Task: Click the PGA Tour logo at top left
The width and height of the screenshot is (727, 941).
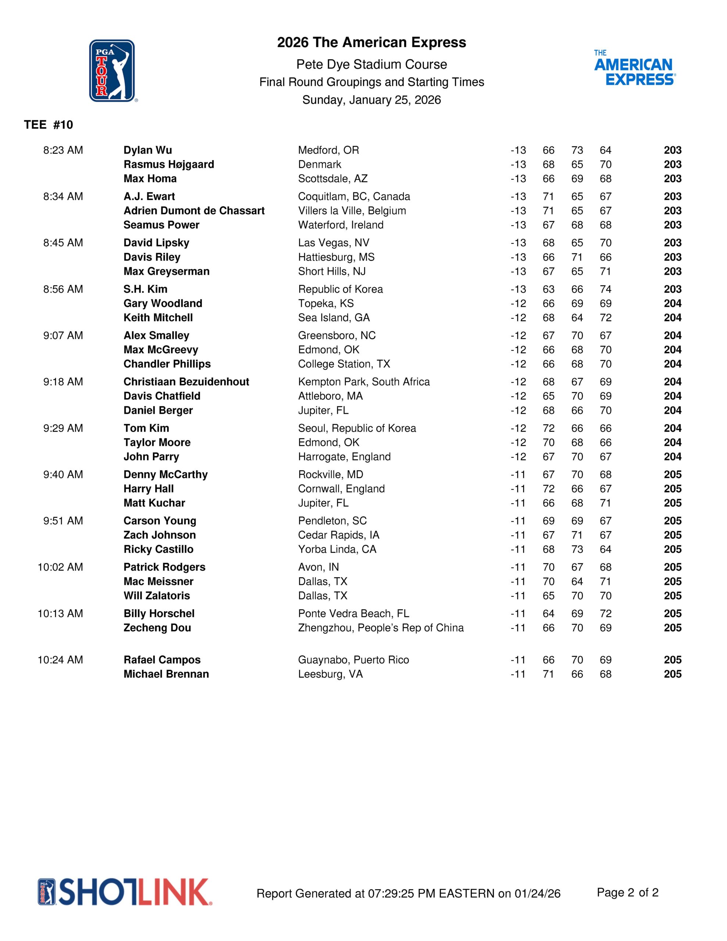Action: (x=112, y=71)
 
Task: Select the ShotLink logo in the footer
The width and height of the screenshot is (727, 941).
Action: (x=125, y=892)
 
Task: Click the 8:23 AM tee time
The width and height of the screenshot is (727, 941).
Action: (x=63, y=150)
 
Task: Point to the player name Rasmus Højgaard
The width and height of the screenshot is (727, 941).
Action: (x=168, y=165)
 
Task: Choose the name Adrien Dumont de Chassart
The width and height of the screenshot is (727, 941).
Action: (x=194, y=211)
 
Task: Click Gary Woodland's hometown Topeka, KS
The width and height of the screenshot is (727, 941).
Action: (x=326, y=303)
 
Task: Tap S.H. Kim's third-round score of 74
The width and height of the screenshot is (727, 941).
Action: (x=605, y=289)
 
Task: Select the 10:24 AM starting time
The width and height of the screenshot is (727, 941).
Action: (x=60, y=660)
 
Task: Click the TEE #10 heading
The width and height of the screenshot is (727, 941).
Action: (x=49, y=125)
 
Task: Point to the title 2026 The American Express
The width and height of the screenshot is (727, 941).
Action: (x=372, y=43)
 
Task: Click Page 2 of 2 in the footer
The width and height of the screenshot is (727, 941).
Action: (x=627, y=892)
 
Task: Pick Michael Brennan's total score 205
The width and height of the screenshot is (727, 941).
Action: (x=672, y=674)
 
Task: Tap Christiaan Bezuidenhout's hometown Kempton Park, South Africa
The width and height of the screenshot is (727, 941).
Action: (x=364, y=382)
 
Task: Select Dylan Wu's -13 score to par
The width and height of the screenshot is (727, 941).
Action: (x=518, y=150)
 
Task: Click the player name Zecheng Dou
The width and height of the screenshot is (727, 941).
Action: (x=157, y=628)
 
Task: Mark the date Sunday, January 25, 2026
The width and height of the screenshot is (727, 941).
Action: (x=372, y=100)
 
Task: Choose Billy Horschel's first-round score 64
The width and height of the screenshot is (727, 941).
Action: (x=548, y=613)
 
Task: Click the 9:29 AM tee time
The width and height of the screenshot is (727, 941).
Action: (x=63, y=428)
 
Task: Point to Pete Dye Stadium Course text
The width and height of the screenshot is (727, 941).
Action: (x=372, y=65)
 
